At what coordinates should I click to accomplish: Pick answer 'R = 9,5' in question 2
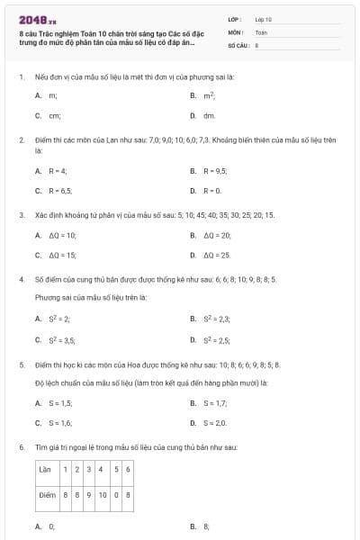(x=214, y=170)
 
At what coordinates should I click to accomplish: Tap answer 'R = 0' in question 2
(x=211, y=191)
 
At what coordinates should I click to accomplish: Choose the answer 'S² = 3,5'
(x=59, y=340)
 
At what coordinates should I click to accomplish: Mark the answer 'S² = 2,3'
(x=217, y=319)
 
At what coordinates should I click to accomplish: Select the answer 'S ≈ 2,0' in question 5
(x=215, y=422)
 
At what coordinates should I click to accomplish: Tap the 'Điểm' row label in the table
(x=48, y=494)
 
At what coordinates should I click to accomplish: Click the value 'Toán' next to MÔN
(x=261, y=31)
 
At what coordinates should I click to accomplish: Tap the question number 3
(x=21, y=216)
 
